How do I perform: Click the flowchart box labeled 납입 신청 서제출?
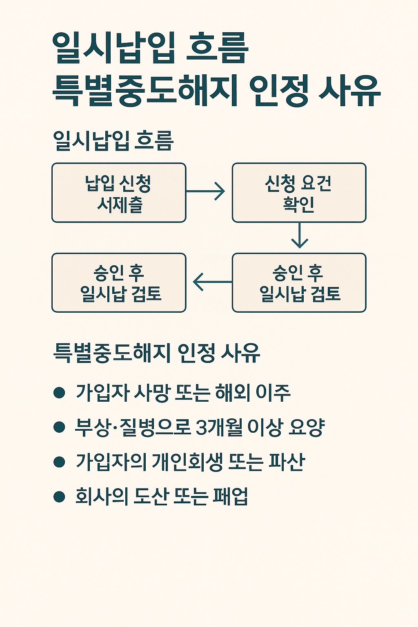[119, 193]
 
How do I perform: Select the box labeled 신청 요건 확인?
[299, 193]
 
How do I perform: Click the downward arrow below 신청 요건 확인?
[299, 236]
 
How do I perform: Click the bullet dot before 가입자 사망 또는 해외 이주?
[60, 393]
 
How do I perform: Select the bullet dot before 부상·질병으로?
[60, 427]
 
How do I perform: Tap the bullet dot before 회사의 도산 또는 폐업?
[60, 496]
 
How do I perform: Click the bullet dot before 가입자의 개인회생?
[60, 462]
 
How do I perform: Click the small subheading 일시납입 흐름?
[113, 141]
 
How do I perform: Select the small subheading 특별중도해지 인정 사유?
[157, 353]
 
